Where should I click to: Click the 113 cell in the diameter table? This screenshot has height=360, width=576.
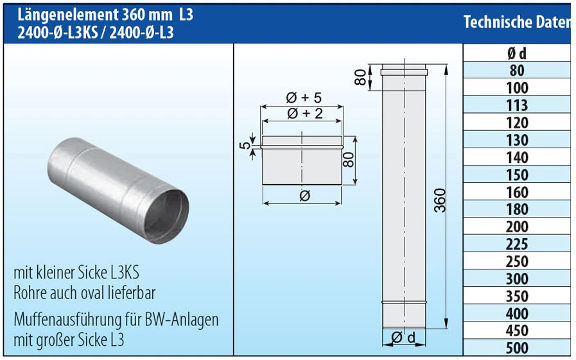click(x=517, y=105)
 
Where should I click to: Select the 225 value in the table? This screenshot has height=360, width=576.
click(x=517, y=244)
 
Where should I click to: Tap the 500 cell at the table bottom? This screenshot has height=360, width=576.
click(x=517, y=348)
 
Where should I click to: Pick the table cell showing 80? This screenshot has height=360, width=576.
click(x=517, y=71)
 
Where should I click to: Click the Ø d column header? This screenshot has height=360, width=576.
click(x=517, y=54)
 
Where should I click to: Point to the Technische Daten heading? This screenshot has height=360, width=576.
click(x=516, y=22)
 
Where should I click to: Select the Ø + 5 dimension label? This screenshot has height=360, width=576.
click(x=304, y=98)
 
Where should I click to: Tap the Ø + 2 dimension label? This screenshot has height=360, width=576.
click(x=304, y=114)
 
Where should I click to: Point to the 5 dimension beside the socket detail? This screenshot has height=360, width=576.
click(x=244, y=145)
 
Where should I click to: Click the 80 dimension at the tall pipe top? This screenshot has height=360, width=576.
click(x=361, y=77)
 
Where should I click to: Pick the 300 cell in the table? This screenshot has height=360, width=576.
click(x=517, y=279)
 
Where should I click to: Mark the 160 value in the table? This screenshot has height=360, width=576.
click(x=517, y=192)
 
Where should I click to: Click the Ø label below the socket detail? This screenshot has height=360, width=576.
click(x=304, y=196)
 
